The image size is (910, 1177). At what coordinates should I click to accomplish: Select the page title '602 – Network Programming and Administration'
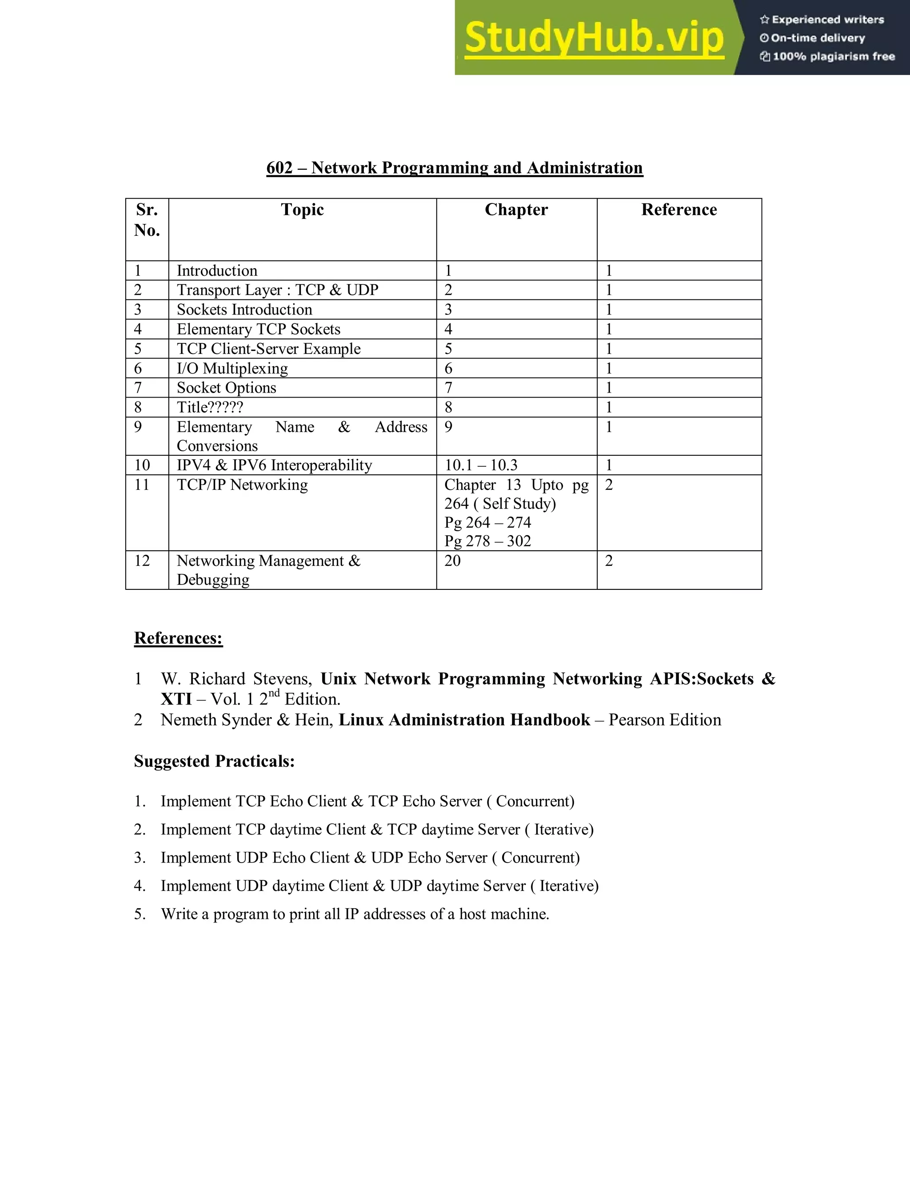455,167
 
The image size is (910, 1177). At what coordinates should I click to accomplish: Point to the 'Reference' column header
679,210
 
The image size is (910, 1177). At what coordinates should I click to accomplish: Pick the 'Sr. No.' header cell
147,220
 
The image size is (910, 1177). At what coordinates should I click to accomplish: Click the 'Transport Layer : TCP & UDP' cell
277,290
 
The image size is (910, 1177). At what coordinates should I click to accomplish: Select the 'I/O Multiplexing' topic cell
232,368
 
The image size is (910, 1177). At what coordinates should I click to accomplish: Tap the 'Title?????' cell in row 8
210,407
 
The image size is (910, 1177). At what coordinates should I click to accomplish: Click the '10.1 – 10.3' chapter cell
480,465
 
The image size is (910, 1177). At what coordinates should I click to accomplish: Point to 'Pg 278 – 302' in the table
487,541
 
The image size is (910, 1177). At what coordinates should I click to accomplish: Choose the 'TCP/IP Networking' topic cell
242,485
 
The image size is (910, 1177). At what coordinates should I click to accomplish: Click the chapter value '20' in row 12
452,561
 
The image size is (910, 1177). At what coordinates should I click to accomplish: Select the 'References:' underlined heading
178,638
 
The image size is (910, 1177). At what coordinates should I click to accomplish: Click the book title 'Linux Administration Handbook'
464,720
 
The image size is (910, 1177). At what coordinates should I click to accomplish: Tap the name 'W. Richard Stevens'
235,679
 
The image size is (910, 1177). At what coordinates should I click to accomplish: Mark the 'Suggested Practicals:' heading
214,761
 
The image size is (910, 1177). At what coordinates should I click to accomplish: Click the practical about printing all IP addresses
355,914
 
